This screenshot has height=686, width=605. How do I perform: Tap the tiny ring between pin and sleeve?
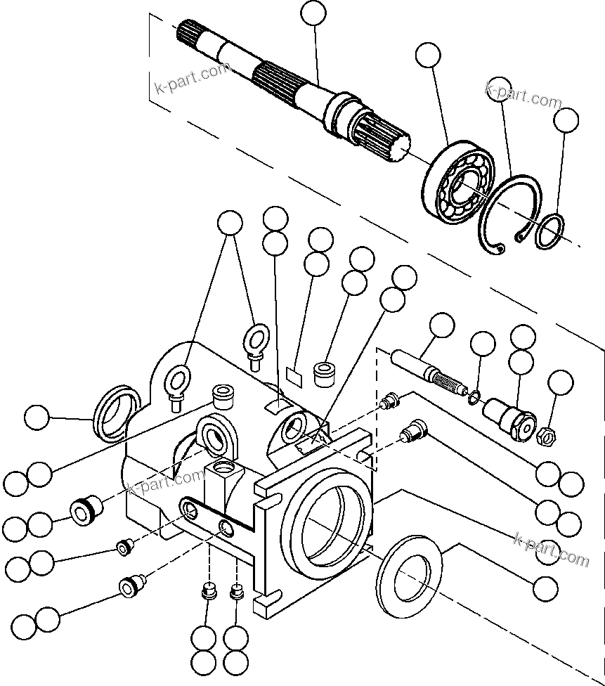point(475,399)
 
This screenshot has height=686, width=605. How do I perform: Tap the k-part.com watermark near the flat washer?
point(552,549)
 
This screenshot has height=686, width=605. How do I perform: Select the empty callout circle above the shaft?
point(313,13)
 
